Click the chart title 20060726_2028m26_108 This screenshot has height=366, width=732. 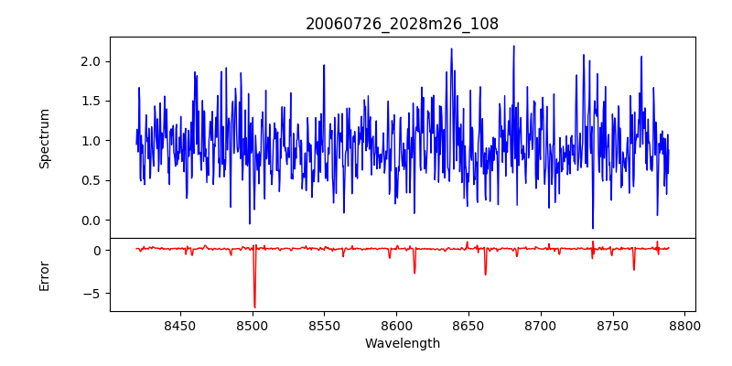click(402, 24)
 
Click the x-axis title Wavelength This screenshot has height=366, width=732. click(402, 343)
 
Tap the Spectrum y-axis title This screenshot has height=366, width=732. click(45, 138)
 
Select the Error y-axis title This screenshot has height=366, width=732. click(45, 275)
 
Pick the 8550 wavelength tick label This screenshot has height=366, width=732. click(324, 325)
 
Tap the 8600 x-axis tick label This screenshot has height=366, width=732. click(396, 325)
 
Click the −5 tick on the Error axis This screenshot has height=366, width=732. click(95, 294)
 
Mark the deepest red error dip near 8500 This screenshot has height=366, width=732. click(254, 307)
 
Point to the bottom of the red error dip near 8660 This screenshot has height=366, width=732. click(485, 274)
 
